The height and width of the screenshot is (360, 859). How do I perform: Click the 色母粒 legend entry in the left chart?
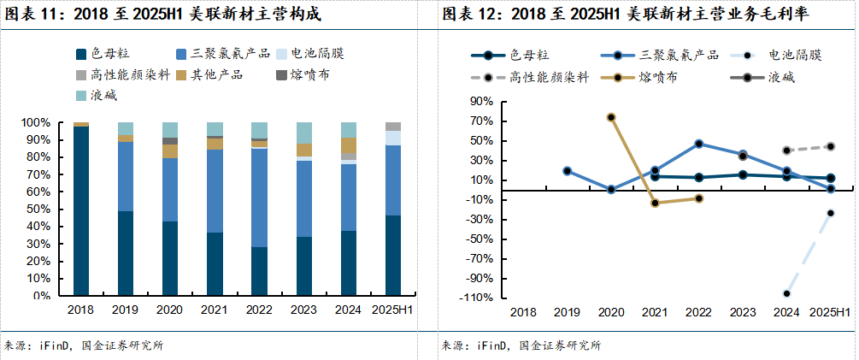[111, 55]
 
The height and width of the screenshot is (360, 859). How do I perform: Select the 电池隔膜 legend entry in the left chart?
[316, 55]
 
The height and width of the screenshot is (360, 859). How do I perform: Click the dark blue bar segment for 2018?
[81, 211]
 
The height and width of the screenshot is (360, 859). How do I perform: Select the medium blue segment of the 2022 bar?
[259, 198]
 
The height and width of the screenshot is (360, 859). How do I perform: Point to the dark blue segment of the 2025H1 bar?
[393, 256]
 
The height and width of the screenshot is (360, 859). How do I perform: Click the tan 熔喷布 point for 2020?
[611, 117]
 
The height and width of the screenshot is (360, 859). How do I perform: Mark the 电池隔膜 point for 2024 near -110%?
[786, 293]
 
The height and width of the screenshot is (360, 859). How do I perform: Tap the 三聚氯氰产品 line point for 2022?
[699, 144]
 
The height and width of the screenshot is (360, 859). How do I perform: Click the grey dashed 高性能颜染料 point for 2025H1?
[830, 146]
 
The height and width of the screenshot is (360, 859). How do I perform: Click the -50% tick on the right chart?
[480, 239]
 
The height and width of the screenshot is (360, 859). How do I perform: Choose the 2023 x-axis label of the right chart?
[743, 313]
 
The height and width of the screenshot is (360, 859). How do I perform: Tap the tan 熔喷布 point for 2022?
[699, 198]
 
